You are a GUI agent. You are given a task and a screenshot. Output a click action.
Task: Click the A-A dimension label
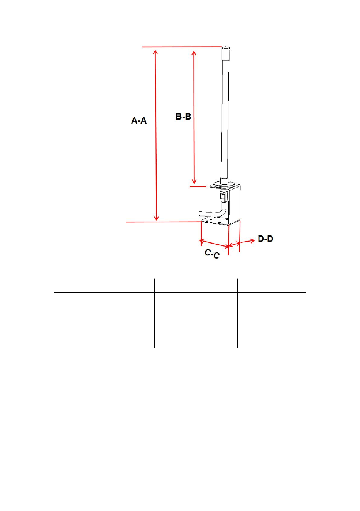(x=139, y=120)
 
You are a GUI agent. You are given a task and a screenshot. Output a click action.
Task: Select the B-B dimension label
(x=183, y=117)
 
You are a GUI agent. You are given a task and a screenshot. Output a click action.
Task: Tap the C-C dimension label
(x=212, y=254)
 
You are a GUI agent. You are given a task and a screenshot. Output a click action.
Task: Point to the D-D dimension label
(x=265, y=239)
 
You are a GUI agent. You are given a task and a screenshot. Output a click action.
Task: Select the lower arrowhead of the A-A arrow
(x=156, y=218)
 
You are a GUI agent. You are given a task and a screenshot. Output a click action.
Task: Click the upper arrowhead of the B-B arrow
(x=194, y=53)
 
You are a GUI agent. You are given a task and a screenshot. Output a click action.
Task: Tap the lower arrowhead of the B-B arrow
(x=194, y=181)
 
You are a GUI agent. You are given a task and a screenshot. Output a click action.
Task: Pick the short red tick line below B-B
(x=198, y=186)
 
